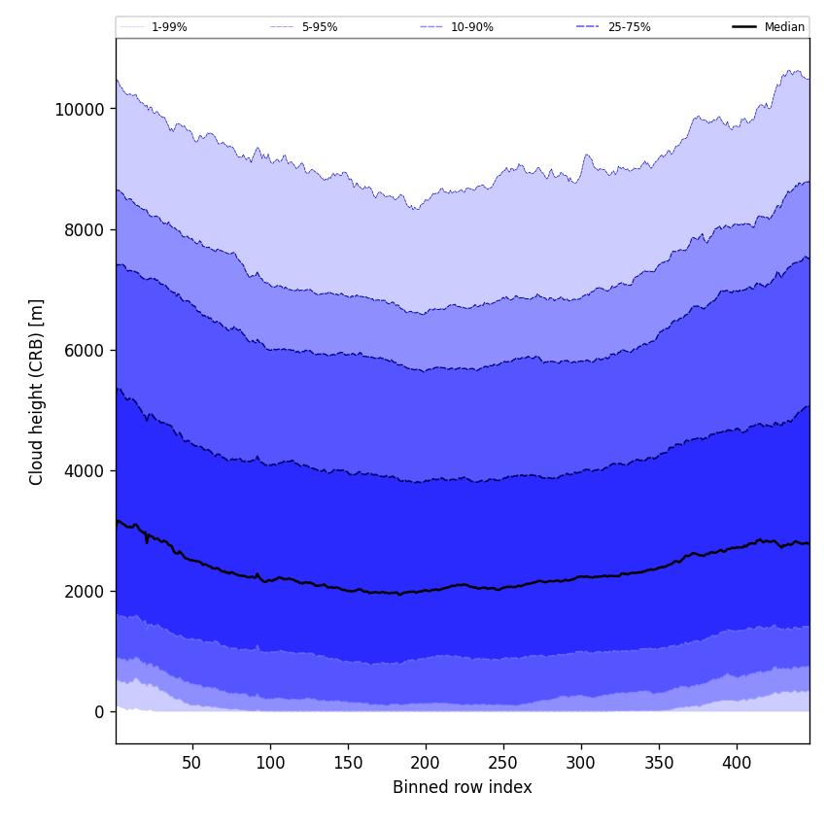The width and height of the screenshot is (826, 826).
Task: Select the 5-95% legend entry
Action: tap(319, 27)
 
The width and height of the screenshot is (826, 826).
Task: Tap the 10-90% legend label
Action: tap(471, 27)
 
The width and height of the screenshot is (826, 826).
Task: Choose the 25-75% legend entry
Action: tap(629, 27)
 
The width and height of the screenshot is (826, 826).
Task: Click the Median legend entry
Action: tap(784, 27)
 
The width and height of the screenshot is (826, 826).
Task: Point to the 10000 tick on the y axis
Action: tap(79, 109)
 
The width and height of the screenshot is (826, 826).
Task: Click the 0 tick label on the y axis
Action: tap(99, 711)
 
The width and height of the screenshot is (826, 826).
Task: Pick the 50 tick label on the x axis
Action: tap(191, 763)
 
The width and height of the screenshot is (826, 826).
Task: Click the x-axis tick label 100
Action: tap(270, 763)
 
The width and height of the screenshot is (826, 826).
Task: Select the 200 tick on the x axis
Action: tap(426, 763)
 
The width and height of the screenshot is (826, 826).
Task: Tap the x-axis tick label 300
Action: tap(581, 763)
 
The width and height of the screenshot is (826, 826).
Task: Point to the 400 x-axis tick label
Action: tap(737, 763)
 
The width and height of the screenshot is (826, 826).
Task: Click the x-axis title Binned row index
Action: tap(463, 787)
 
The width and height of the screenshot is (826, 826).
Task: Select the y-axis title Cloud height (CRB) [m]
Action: tap(37, 391)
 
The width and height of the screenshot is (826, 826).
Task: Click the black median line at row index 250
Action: tap(503, 588)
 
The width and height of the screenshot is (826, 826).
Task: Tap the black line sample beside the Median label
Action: tap(744, 27)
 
